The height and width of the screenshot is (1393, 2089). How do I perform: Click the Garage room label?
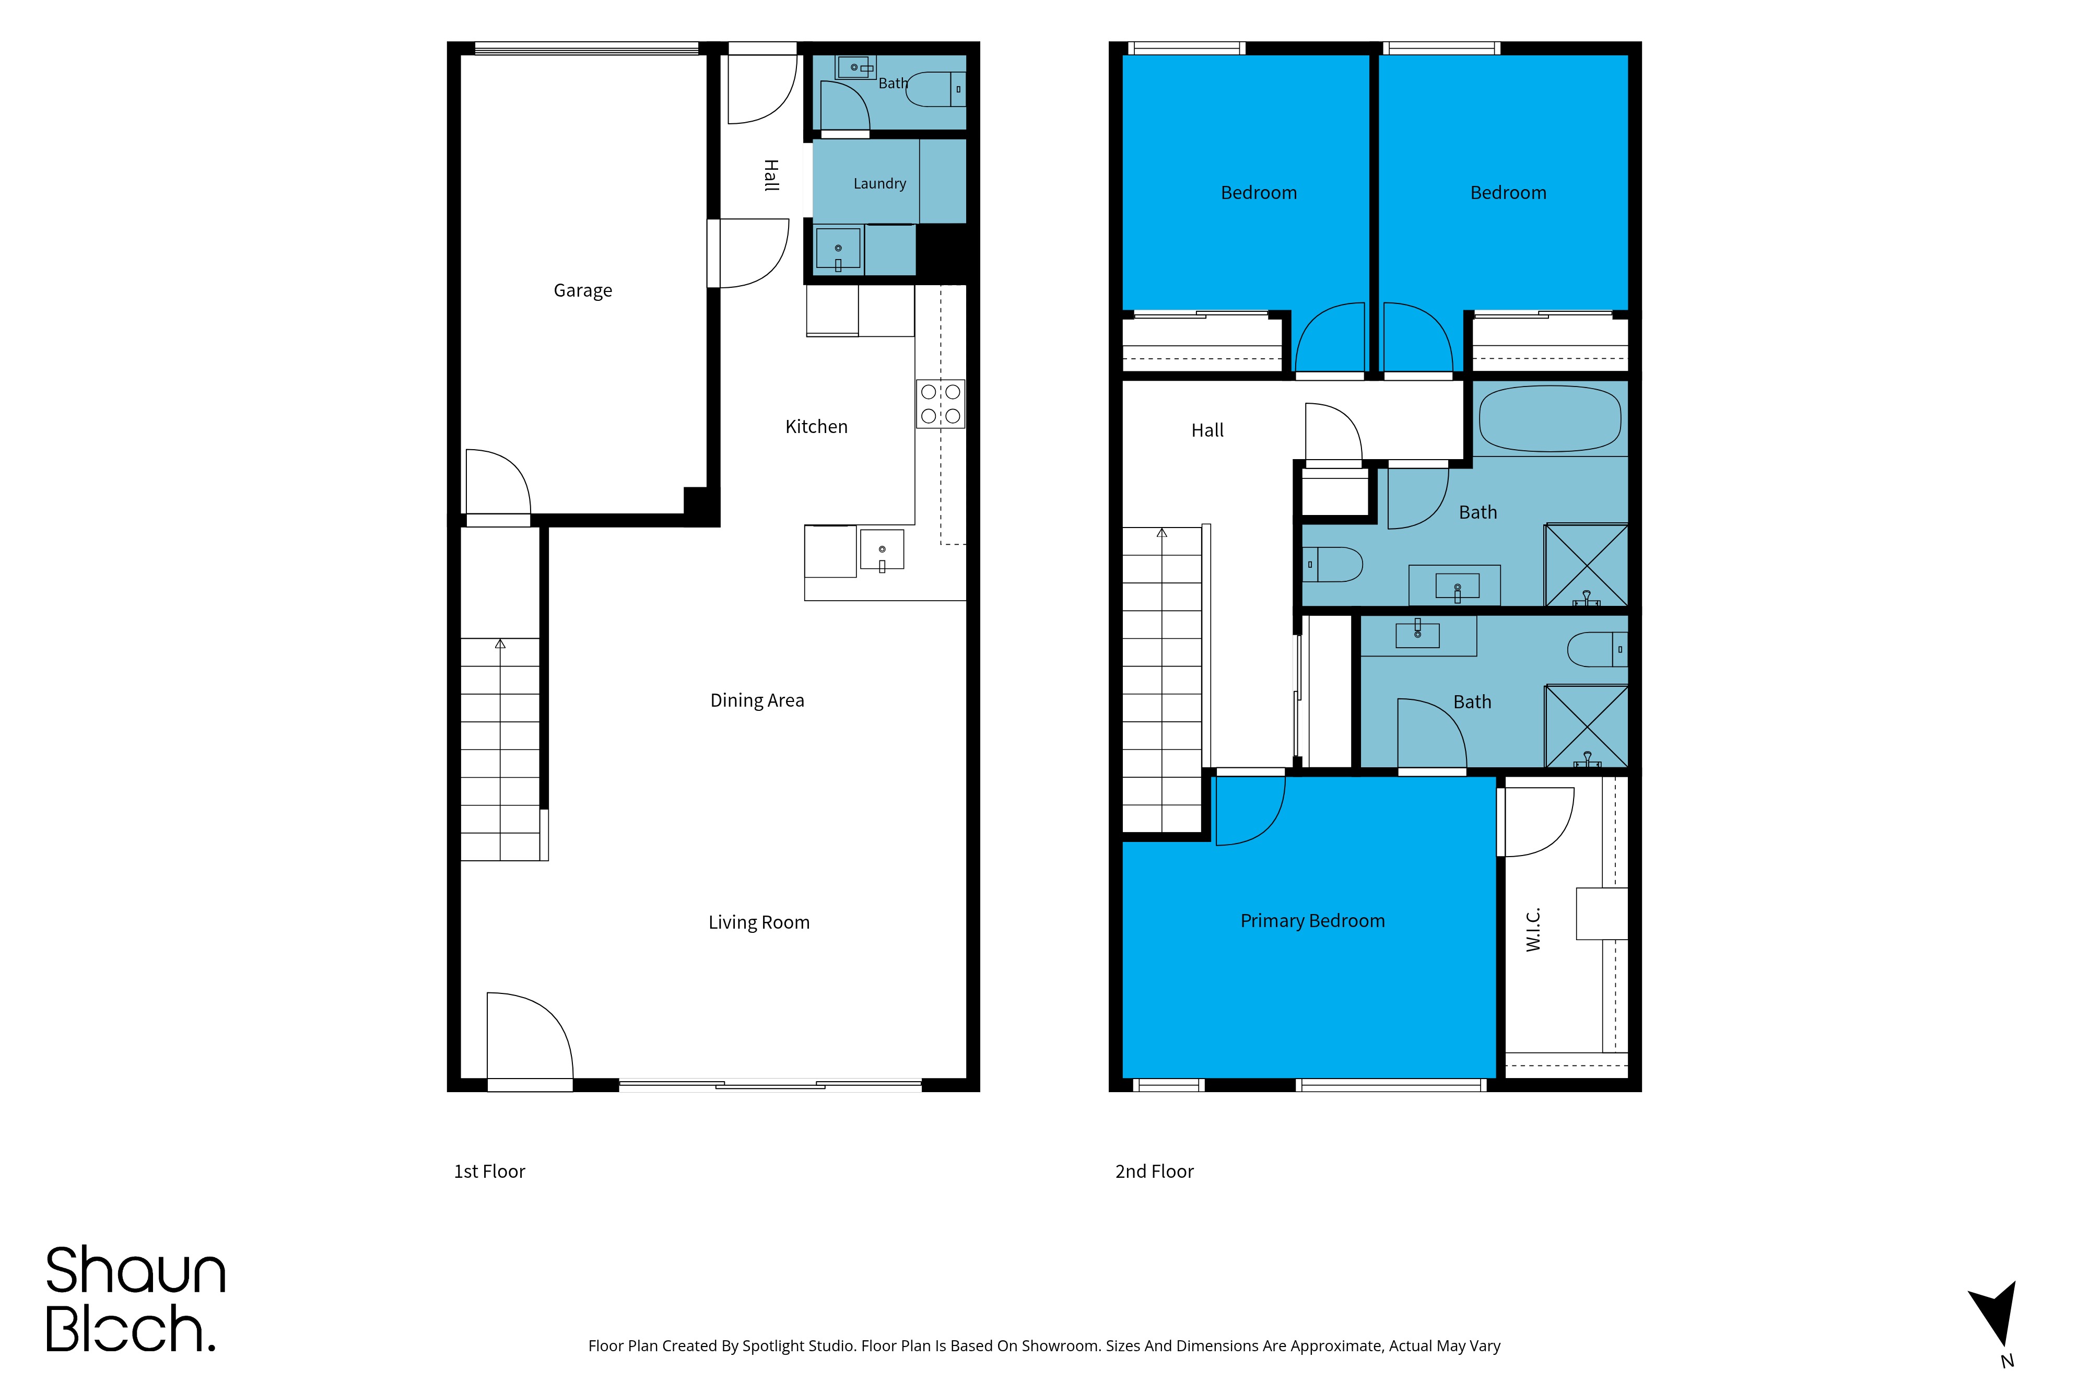(x=583, y=290)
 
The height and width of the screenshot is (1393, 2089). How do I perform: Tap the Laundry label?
(x=879, y=184)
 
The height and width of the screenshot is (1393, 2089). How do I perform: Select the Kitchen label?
(x=816, y=426)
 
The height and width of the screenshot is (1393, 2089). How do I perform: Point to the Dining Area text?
(x=757, y=700)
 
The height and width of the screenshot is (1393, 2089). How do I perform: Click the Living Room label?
(x=758, y=922)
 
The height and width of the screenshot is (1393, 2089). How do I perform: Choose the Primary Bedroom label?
(x=1312, y=920)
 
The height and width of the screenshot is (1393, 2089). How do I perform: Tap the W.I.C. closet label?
(x=1533, y=929)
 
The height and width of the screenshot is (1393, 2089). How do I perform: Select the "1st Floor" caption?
(x=489, y=1172)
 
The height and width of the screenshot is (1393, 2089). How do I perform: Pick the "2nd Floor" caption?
(x=1154, y=1172)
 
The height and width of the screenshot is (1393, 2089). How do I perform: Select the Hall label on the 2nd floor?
(x=1207, y=430)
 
